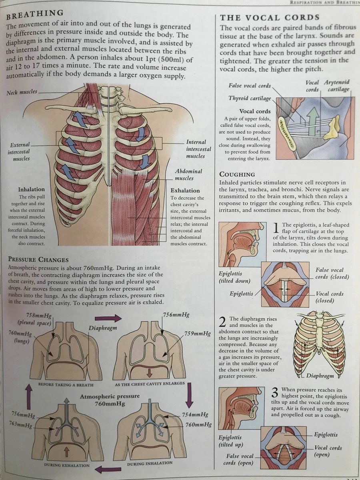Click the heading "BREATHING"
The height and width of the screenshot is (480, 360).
click(x=35, y=15)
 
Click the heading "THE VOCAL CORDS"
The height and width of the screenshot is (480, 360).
click(x=270, y=18)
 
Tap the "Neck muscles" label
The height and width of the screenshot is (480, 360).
click(x=22, y=92)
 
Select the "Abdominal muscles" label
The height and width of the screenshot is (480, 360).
click(x=188, y=174)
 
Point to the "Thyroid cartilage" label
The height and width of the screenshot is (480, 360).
click(x=250, y=98)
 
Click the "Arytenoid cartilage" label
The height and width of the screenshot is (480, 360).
click(x=337, y=86)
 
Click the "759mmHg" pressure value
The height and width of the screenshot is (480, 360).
click(x=197, y=333)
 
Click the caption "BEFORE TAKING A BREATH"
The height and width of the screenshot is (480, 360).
click(x=66, y=385)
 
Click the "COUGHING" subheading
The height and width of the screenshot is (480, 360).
click(x=237, y=174)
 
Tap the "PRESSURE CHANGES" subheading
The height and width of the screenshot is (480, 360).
click(x=38, y=260)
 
